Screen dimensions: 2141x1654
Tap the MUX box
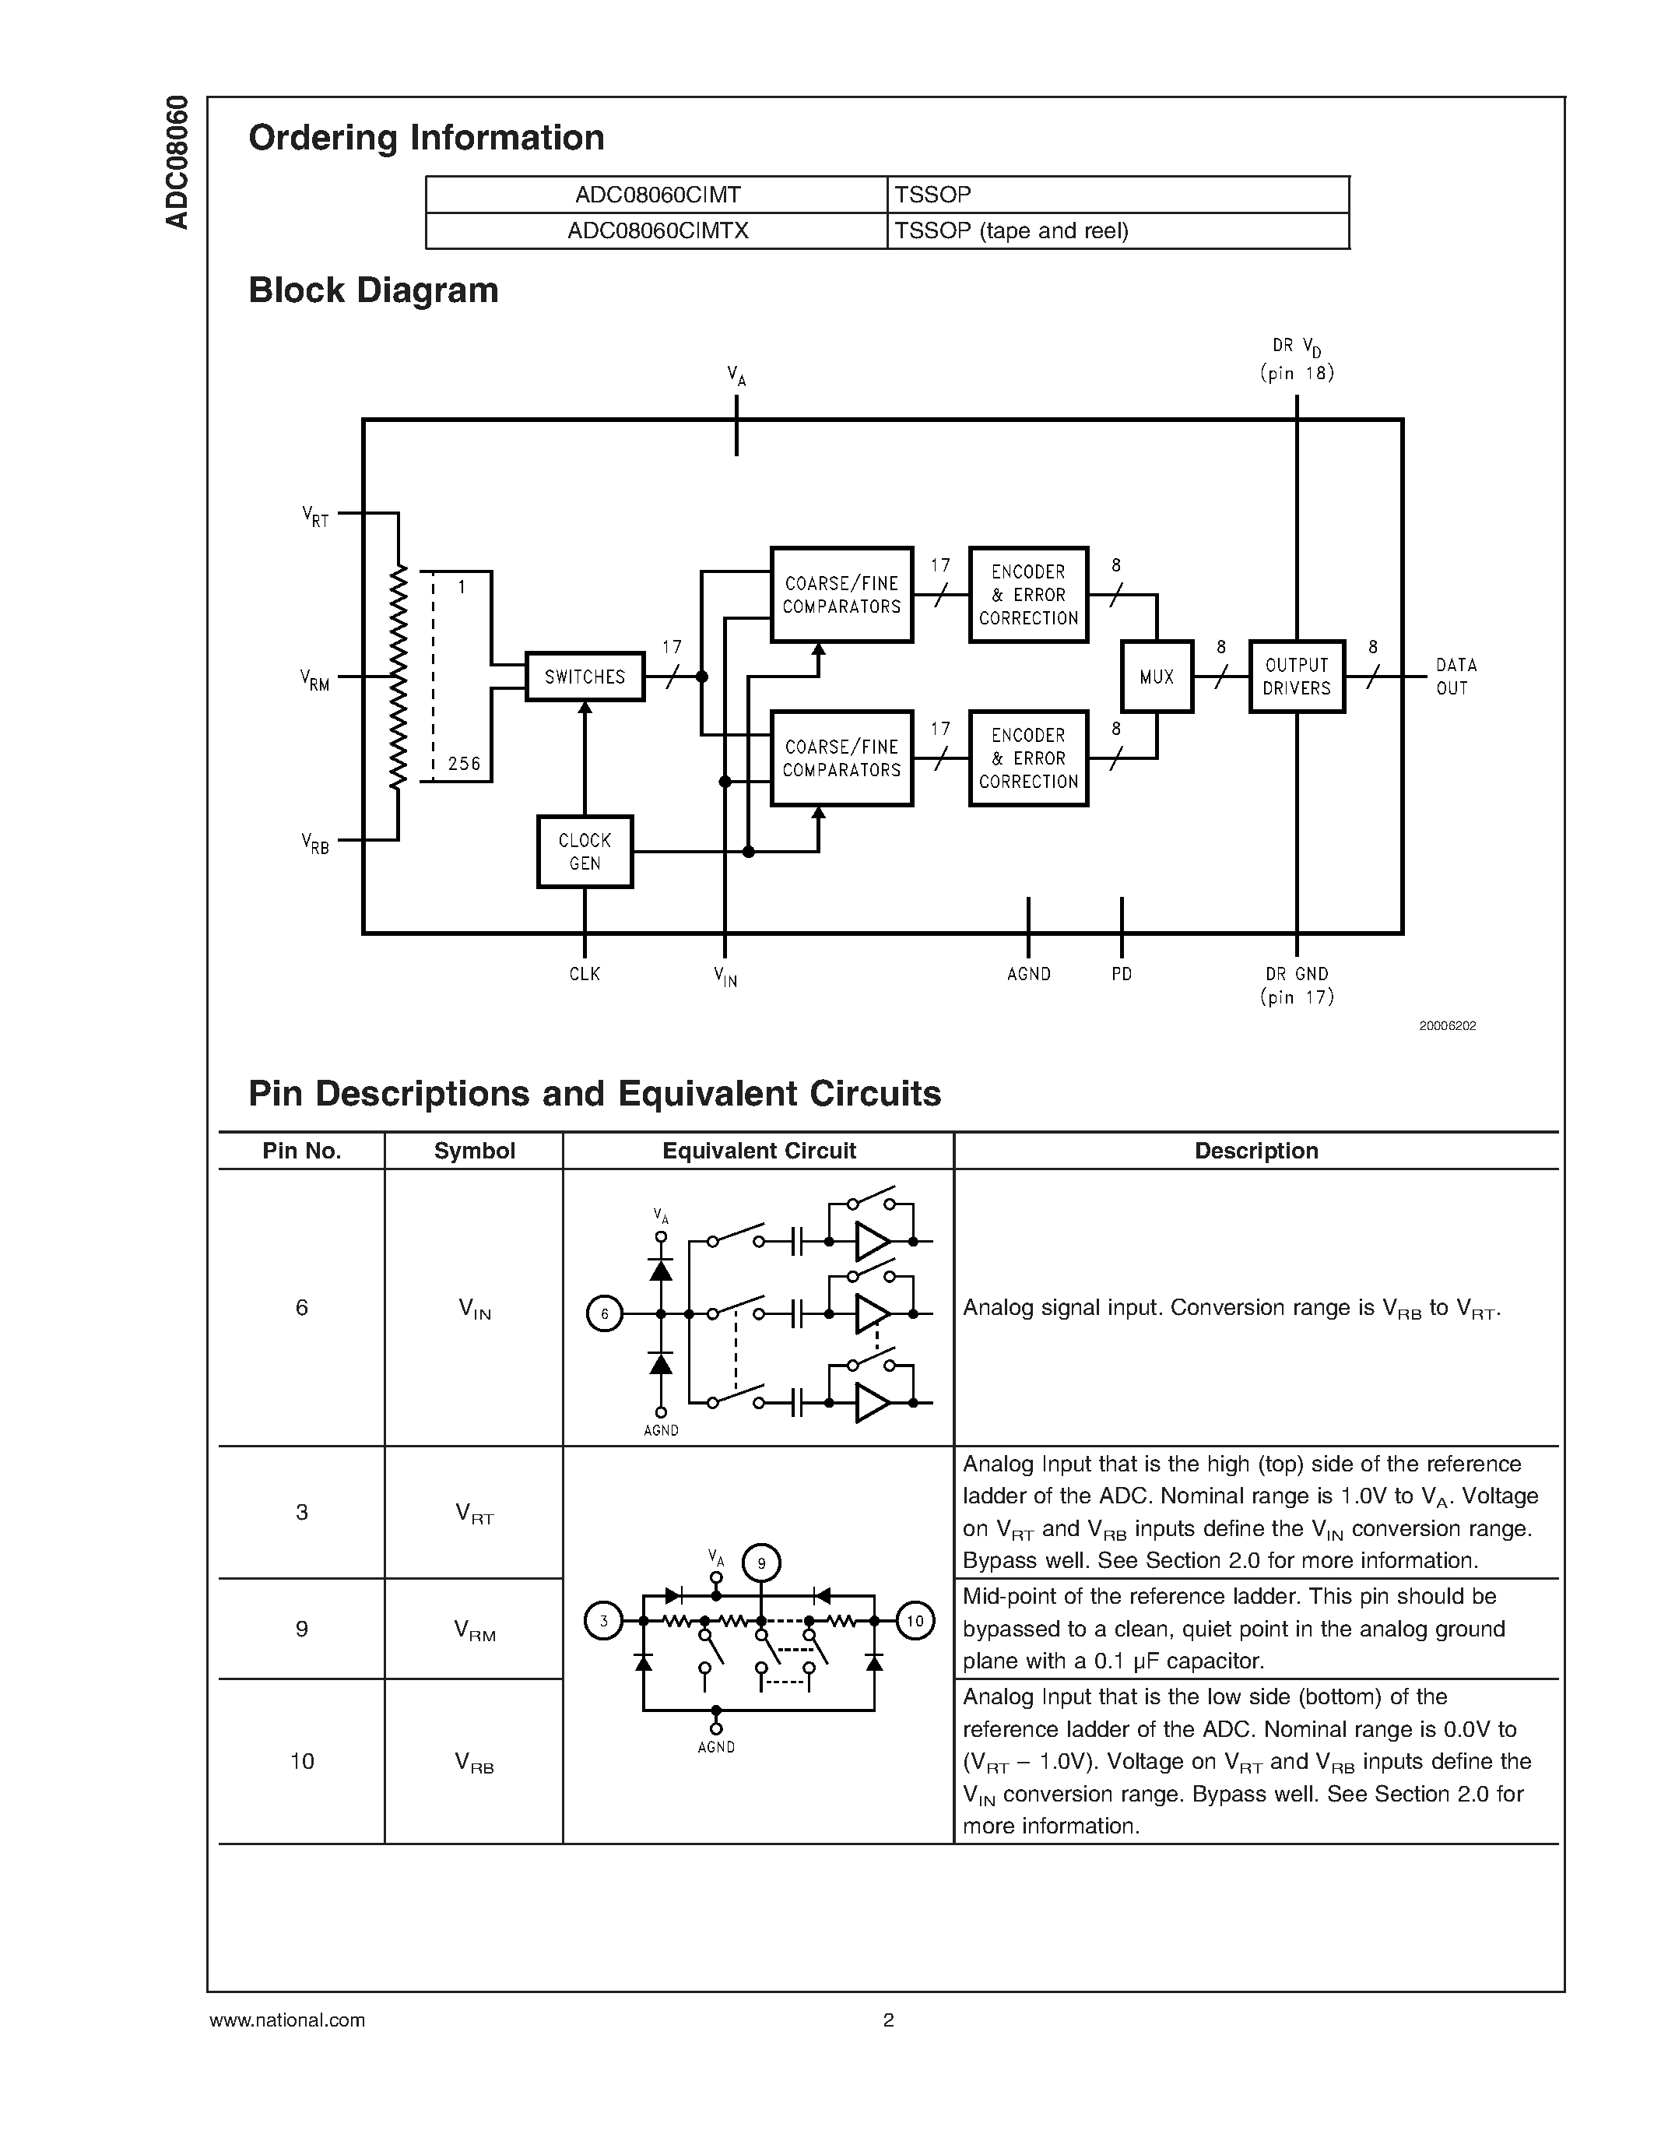1156,677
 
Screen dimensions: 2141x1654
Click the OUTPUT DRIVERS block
1297,677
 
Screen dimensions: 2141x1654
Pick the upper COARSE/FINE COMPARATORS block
841,595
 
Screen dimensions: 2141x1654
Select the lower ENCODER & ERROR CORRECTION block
1028,758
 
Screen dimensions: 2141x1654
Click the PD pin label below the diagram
1121,973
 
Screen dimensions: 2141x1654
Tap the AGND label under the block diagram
1028,973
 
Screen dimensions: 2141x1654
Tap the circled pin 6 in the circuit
605,1313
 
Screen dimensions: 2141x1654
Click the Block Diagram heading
374,290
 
